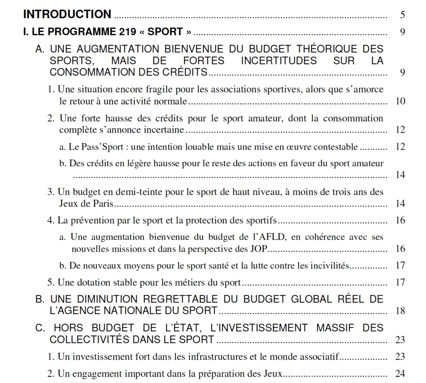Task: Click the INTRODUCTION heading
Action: tap(67, 15)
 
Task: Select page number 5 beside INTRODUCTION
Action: tap(402, 15)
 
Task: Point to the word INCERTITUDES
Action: tap(279, 61)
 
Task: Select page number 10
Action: tap(400, 101)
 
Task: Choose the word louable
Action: tap(208, 146)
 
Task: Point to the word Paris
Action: tap(103, 203)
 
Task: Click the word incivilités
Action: tap(328, 265)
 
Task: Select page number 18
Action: tap(400, 311)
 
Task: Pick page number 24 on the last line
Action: tap(400, 373)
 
